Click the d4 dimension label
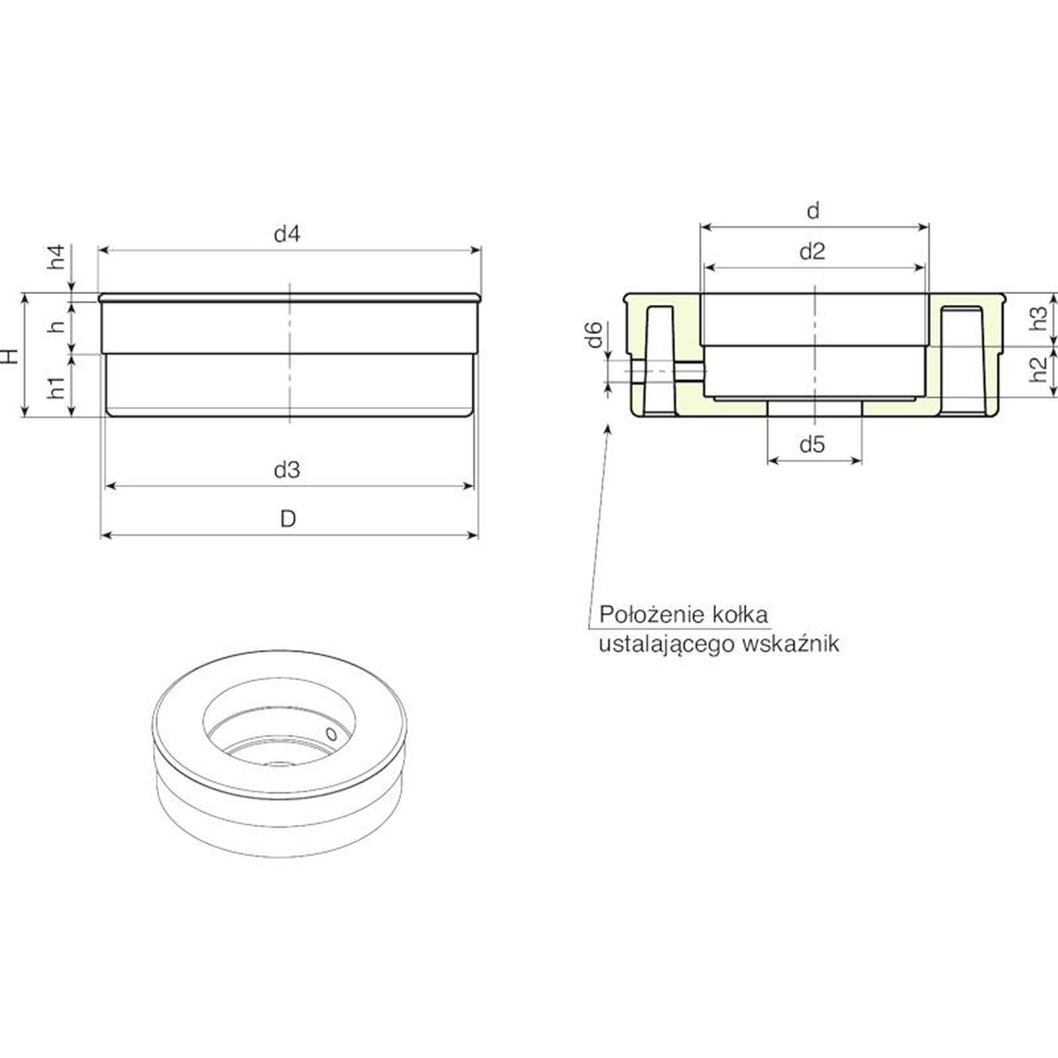[288, 234]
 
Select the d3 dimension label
[288, 470]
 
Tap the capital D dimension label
[288, 519]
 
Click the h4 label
[58, 257]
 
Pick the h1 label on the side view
[58, 387]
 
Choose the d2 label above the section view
[813, 252]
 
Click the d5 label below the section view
[813, 444]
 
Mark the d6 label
[594, 334]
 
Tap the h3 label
[1040, 318]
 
